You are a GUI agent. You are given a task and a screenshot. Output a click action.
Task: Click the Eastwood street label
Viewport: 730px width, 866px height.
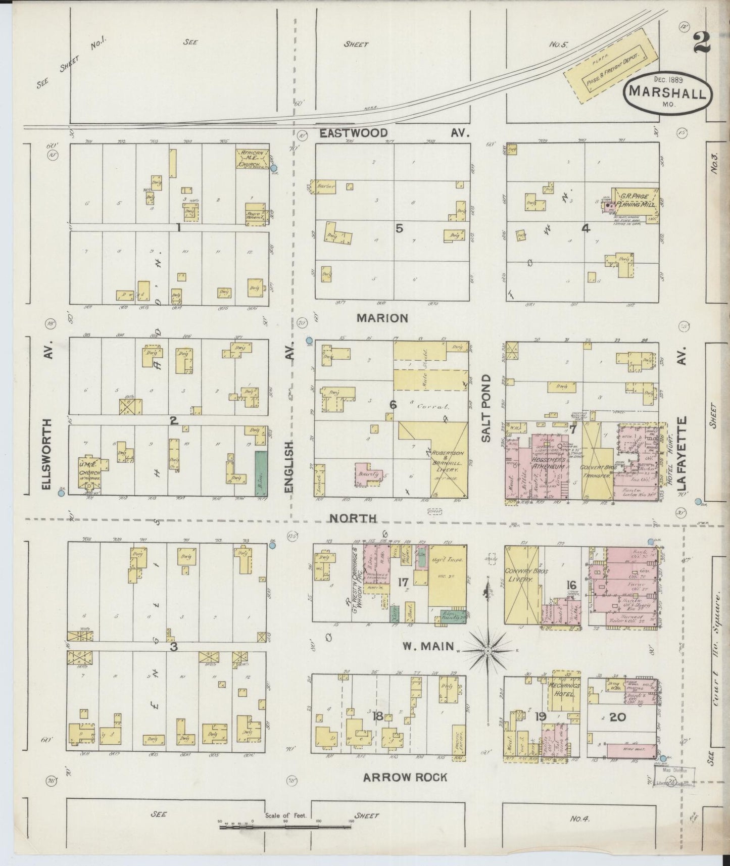coord(354,133)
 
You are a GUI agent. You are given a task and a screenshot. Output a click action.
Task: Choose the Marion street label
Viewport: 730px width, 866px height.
coord(381,318)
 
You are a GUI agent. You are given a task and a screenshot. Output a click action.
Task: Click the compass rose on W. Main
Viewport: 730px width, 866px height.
coord(488,652)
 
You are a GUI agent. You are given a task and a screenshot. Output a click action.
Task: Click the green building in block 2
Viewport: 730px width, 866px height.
coord(261,472)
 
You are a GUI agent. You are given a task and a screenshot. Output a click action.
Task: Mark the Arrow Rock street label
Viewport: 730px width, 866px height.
coord(405,777)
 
